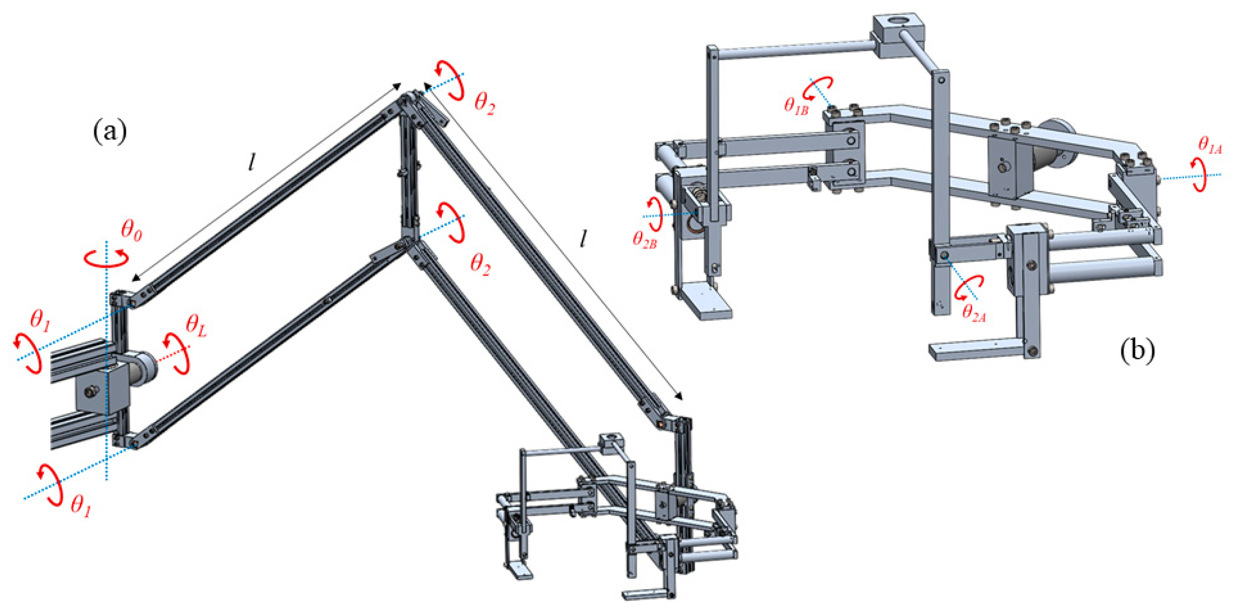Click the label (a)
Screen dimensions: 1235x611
110,132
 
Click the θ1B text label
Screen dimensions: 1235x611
796,105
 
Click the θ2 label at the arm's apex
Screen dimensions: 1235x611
484,102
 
